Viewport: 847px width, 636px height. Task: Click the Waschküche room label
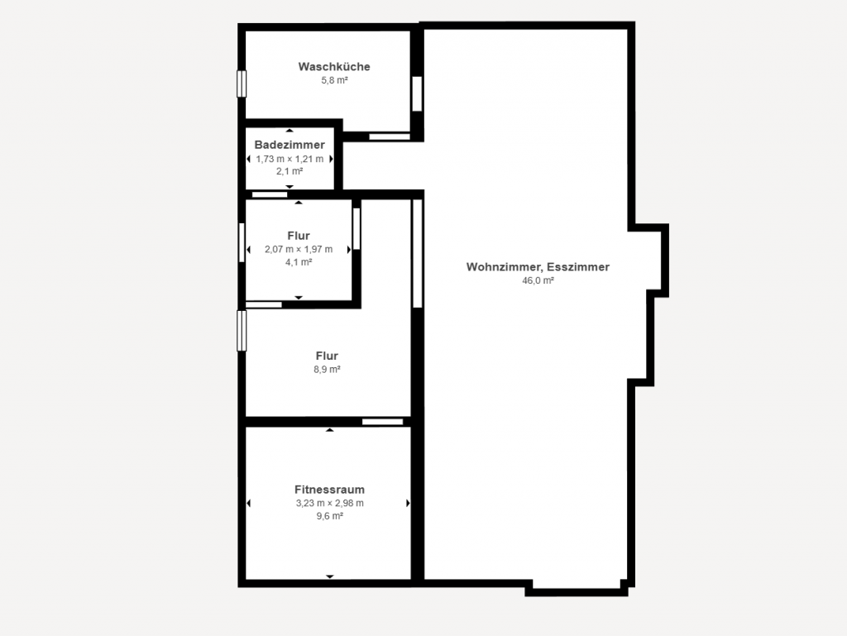(x=334, y=67)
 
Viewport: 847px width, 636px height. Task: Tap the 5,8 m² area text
(x=334, y=81)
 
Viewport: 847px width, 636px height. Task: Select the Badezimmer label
(x=290, y=145)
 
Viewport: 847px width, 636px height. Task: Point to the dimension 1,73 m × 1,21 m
(x=290, y=158)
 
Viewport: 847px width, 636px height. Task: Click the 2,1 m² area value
(x=290, y=171)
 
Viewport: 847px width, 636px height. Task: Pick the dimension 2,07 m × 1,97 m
(x=299, y=249)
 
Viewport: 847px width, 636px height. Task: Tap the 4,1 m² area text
(x=299, y=262)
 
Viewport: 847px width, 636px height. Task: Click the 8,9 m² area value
(x=327, y=370)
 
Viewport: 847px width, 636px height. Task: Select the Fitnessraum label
(x=329, y=490)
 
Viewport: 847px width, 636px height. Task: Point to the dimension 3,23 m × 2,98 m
(x=329, y=503)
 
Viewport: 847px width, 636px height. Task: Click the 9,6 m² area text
(x=329, y=516)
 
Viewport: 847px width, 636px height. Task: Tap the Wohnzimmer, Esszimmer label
(x=538, y=267)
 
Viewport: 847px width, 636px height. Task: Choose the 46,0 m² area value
(x=538, y=280)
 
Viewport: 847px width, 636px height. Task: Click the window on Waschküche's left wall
(x=242, y=84)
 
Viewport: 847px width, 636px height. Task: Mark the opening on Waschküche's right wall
(x=417, y=93)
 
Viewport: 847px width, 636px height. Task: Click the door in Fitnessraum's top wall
(x=382, y=422)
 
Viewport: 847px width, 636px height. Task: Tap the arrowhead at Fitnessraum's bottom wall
(x=329, y=576)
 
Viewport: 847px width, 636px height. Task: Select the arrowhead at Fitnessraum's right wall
(x=408, y=503)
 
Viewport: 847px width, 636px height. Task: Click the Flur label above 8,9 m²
(x=327, y=356)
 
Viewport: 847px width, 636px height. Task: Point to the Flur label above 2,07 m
(x=299, y=236)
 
